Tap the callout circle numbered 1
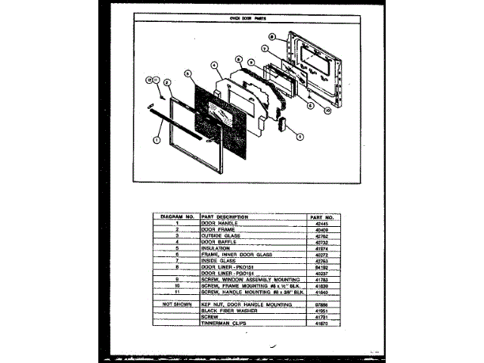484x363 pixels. [157, 139]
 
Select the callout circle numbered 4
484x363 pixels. [216, 65]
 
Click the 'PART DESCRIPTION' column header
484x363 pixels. [225, 216]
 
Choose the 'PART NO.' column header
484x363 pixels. [322, 216]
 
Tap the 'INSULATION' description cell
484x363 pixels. [216, 247]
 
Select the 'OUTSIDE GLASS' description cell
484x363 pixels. [220, 235]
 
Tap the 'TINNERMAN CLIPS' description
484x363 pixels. [224, 323]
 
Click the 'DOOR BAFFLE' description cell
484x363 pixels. [218, 241]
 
